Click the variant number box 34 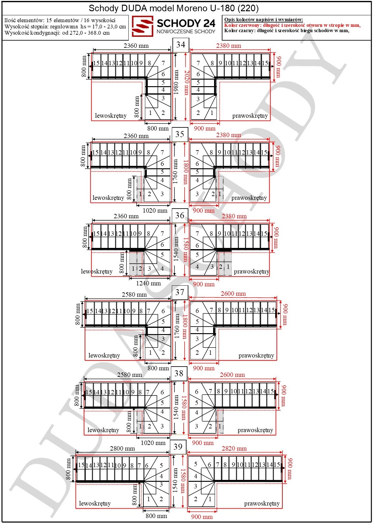(181, 45)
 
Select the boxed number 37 (180, 293)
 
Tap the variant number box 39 (178, 447)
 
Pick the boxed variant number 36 (180, 215)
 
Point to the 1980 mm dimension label (176, 82)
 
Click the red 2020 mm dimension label (186, 83)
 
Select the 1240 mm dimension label (149, 284)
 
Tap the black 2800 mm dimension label (122, 448)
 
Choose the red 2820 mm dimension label (234, 448)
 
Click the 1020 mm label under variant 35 (155, 210)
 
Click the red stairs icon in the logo (142, 26)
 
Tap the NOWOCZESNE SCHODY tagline (186, 32)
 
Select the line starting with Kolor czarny (287, 31)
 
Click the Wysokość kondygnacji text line (57, 33)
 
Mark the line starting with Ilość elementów (60, 20)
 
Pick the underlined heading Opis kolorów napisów (264, 20)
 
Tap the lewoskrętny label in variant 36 (97, 272)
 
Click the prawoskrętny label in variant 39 (262, 504)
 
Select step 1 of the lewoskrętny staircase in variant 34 (150, 113)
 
